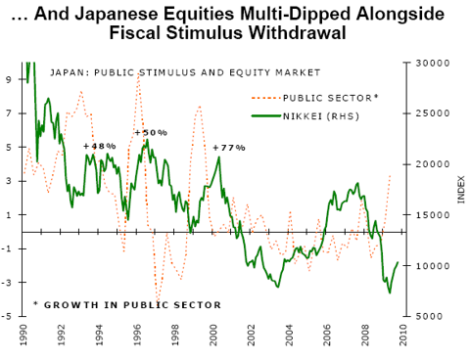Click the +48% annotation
tap(100, 146)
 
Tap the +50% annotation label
tap(151, 132)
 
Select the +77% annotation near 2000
tap(228, 147)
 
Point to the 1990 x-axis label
tap(23, 337)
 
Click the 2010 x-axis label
tap(402, 337)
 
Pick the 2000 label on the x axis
tap(213, 337)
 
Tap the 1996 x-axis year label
tap(137, 337)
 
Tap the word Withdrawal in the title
tap(316, 33)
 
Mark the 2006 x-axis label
tap(327, 337)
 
